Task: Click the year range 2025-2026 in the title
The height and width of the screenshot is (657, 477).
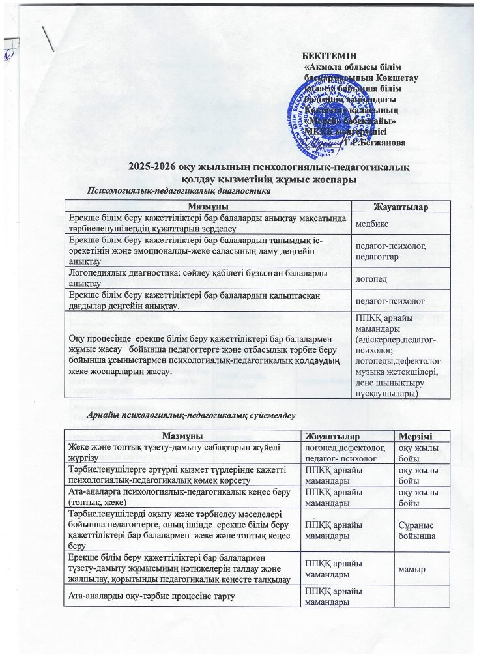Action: click(155, 167)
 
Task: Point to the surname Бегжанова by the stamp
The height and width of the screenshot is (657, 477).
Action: click(383, 143)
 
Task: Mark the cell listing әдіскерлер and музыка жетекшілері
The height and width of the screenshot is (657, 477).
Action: click(400, 355)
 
